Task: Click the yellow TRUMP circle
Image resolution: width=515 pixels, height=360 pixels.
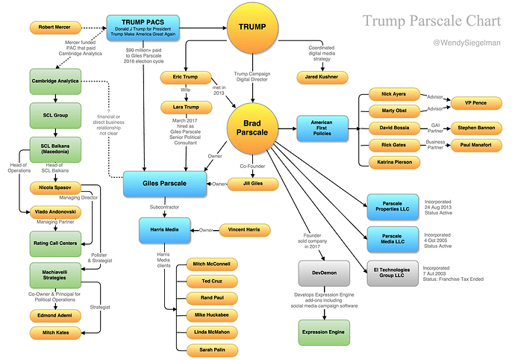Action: coord(252,28)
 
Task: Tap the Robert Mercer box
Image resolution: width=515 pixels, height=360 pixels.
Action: coord(55,28)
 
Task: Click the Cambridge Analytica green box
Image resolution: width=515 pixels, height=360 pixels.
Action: coord(54,81)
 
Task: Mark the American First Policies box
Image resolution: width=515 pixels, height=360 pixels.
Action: coord(322,125)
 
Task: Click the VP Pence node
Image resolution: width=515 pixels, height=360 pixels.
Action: coord(475,103)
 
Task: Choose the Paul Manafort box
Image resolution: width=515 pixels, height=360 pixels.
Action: coord(475,145)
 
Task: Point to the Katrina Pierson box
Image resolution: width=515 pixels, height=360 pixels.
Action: coord(395,162)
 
